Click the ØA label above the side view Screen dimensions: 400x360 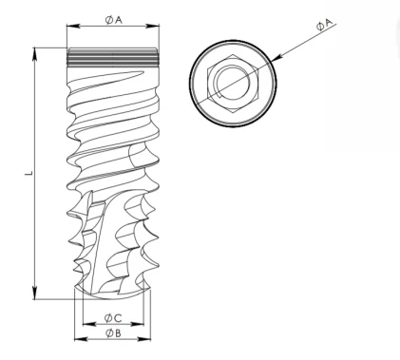113,20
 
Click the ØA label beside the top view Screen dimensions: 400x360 324,25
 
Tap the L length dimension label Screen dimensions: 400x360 29,173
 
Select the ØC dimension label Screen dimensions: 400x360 113,318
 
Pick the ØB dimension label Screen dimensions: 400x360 113,332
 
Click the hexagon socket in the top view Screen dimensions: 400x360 233,84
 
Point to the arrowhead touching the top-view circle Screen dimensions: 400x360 276,58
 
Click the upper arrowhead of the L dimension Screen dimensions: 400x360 35,53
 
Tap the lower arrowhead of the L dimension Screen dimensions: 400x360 35,293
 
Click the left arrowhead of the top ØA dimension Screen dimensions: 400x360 73,27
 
